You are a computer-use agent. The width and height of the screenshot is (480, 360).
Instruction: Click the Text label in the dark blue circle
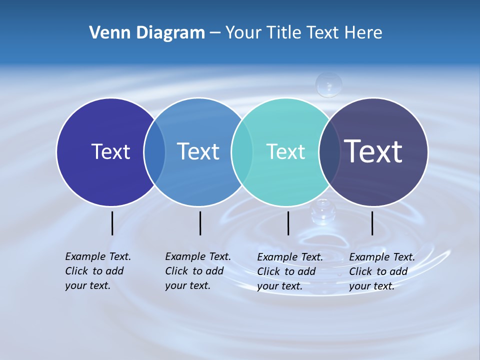pyautogui.click(x=110, y=151)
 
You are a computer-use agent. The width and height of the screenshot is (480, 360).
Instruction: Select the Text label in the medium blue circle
pyautogui.click(x=198, y=151)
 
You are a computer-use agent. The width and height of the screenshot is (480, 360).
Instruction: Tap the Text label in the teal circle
pyautogui.click(x=285, y=151)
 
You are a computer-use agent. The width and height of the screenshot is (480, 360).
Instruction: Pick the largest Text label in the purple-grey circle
pyautogui.click(x=373, y=151)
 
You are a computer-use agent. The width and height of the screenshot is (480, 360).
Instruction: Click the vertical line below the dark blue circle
pyautogui.click(x=112, y=223)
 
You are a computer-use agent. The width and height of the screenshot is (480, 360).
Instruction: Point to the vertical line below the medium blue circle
pyautogui.click(x=200, y=223)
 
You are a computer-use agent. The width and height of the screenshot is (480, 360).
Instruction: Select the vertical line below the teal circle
pyautogui.click(x=288, y=223)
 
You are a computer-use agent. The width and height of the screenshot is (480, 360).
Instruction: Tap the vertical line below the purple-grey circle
pyautogui.click(x=372, y=223)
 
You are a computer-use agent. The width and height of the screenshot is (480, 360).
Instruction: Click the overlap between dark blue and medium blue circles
pyautogui.click(x=154, y=152)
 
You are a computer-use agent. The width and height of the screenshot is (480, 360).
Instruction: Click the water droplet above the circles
pyautogui.click(x=328, y=84)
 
